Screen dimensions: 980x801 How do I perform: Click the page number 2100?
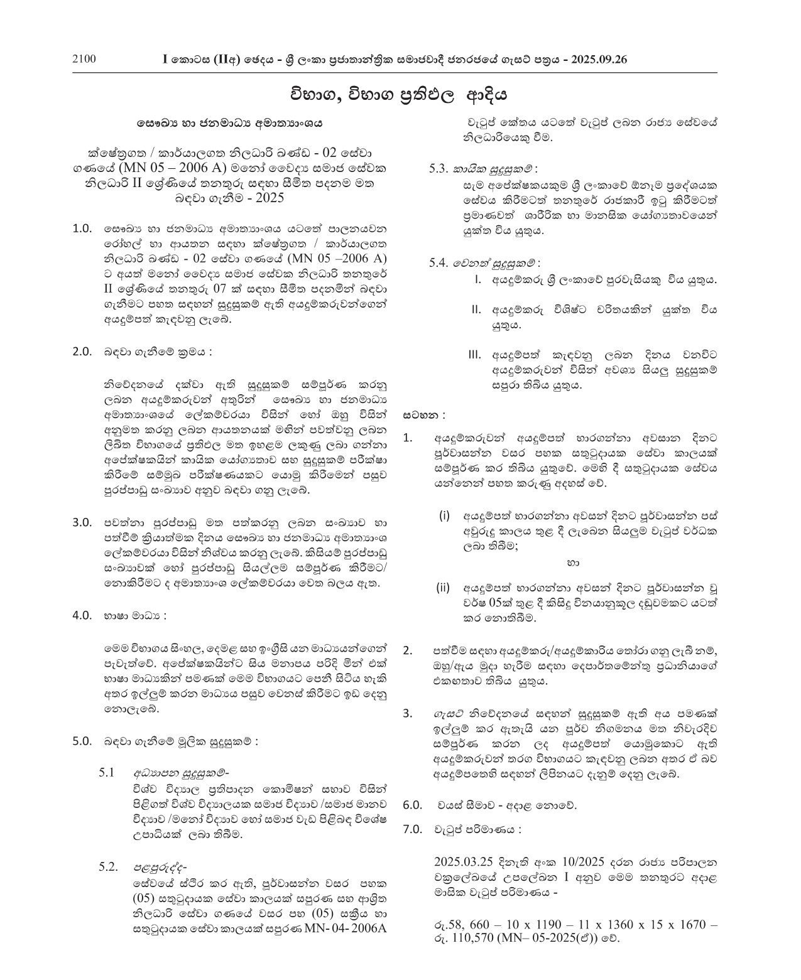point(84,60)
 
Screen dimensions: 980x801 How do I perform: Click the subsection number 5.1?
point(106,772)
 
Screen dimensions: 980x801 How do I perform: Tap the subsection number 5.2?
point(108,867)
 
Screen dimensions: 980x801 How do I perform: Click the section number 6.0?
point(413,805)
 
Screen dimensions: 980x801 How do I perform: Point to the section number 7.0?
point(413,829)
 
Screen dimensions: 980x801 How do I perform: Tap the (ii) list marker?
point(444,588)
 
